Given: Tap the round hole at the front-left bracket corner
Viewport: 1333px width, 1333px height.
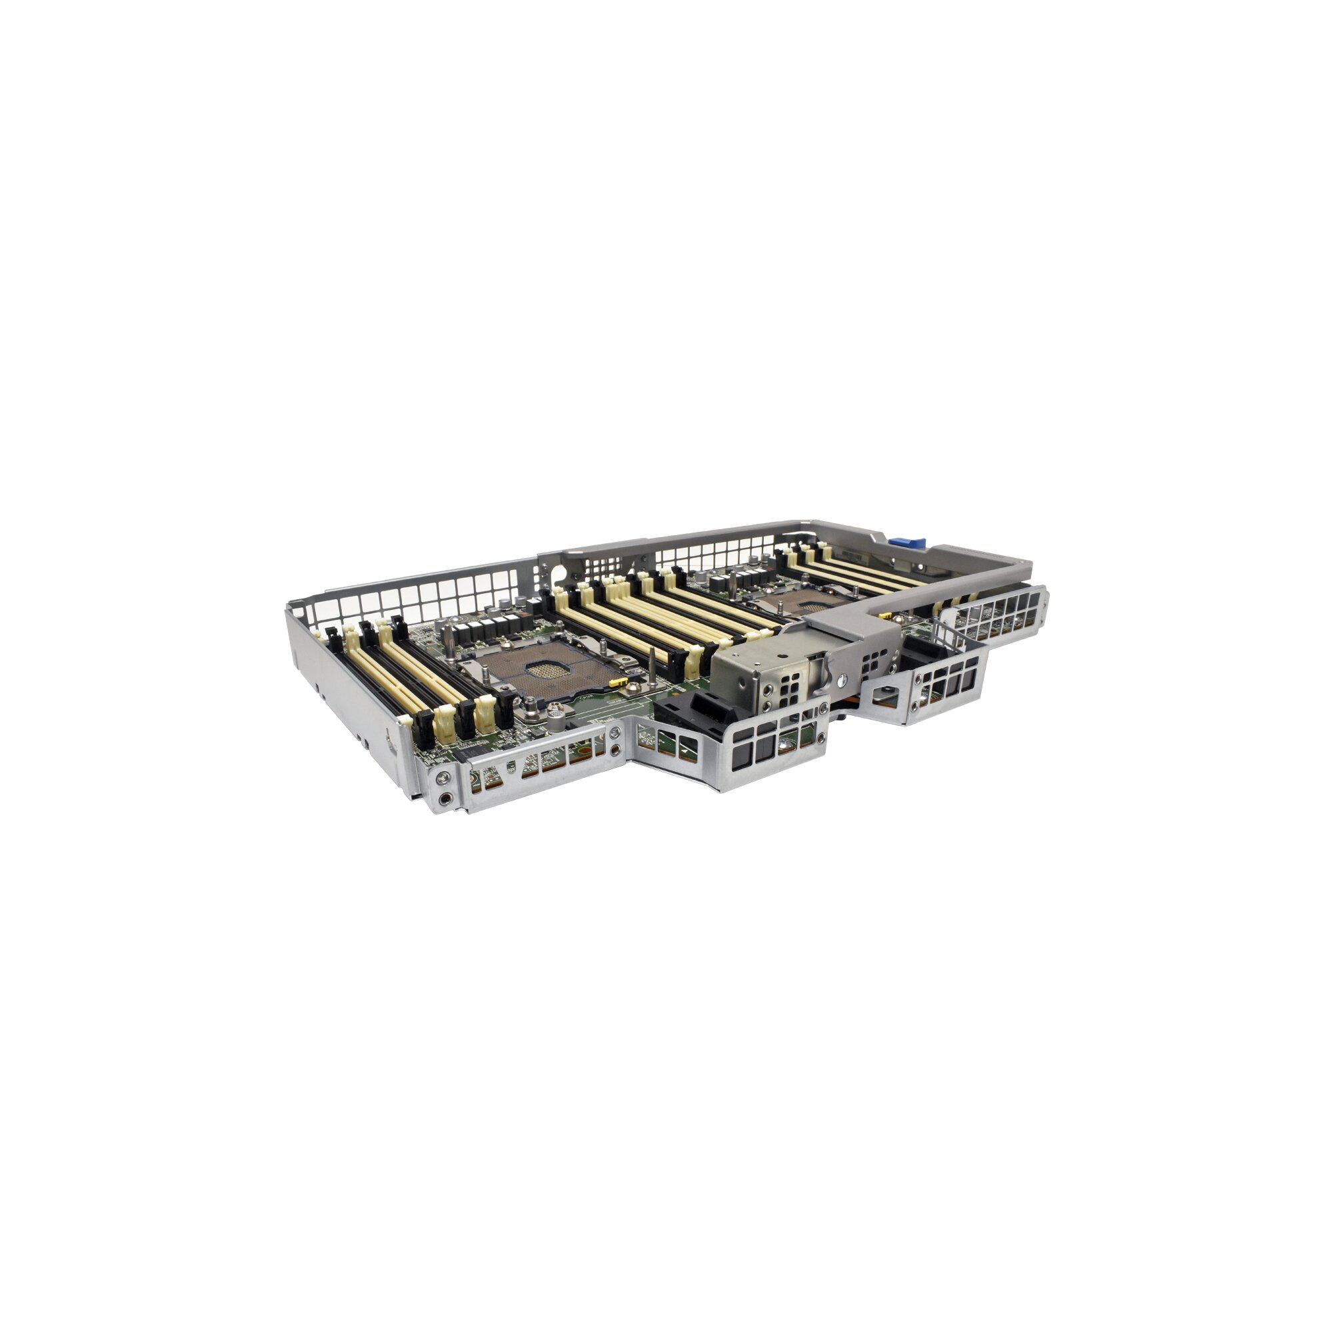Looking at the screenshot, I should pos(446,798).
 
